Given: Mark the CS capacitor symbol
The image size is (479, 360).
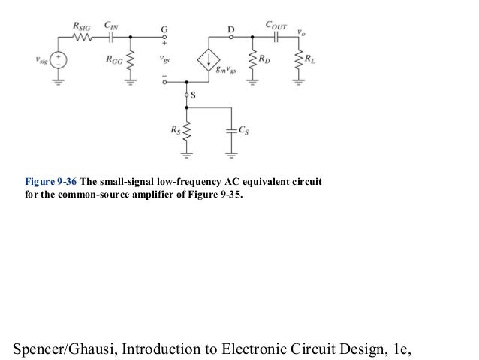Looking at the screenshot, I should click(x=230, y=131).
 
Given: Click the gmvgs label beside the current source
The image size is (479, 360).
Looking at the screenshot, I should click(x=223, y=71).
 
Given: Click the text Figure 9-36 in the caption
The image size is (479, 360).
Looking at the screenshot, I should click(x=51, y=182).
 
